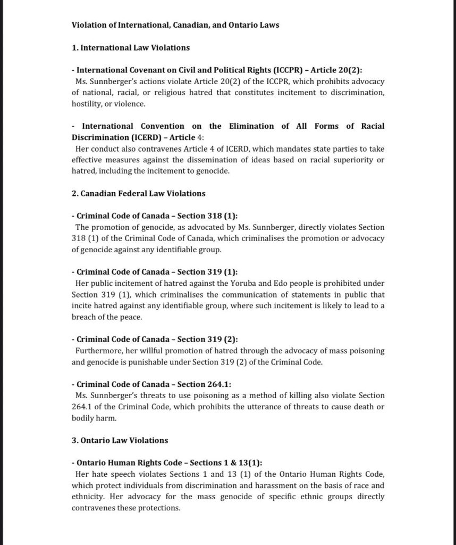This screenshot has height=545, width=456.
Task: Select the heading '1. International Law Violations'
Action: [x=131, y=48]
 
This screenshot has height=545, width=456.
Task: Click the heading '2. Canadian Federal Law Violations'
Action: [x=138, y=193]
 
